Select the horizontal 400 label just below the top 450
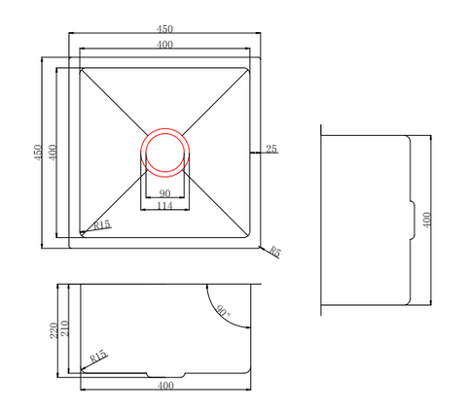click(164, 44)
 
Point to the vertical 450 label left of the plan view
click(38, 153)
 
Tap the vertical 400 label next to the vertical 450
click(53, 153)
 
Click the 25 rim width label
click(271, 149)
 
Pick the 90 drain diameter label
click(164, 193)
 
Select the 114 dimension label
click(164, 206)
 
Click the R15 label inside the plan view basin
click(102, 224)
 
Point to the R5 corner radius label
click(275, 252)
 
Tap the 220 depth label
click(54, 330)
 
